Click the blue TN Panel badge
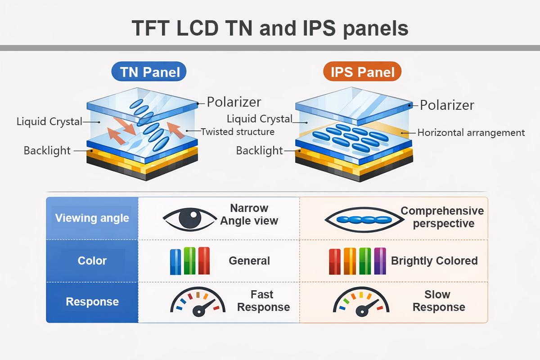pyautogui.click(x=149, y=72)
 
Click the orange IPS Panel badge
pyautogui.click(x=362, y=72)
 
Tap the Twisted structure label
pyautogui.click(x=238, y=132)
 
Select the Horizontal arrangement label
pyautogui.click(x=471, y=133)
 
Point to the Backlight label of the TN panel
pyautogui.click(x=47, y=151)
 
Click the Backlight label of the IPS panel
pyautogui.click(x=260, y=151)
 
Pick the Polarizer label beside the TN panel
pyautogui.click(x=234, y=102)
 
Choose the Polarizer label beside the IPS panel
pyautogui.click(x=447, y=105)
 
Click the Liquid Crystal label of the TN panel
pyautogui.click(x=49, y=121)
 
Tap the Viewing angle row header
pyautogui.click(x=92, y=218)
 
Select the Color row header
pyautogui.click(x=92, y=261)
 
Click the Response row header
pyautogui.click(x=92, y=301)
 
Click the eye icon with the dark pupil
pyautogui.click(x=189, y=218)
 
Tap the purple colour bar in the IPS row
pyautogui.click(x=380, y=261)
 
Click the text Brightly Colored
pyautogui.click(x=434, y=261)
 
